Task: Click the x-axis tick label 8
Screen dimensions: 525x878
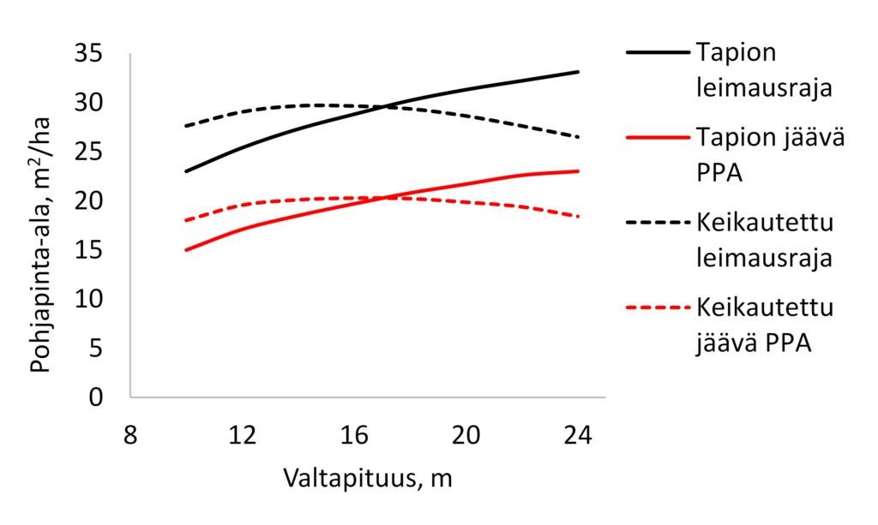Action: click(129, 435)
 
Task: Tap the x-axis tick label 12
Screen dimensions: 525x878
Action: click(244, 435)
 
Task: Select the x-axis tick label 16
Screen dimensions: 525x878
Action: click(355, 435)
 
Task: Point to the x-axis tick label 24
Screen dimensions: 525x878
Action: click(577, 435)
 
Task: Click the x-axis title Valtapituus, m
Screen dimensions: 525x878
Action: click(367, 478)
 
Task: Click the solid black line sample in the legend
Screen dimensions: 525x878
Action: click(658, 52)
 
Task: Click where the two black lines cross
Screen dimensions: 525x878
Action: click(385, 106)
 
